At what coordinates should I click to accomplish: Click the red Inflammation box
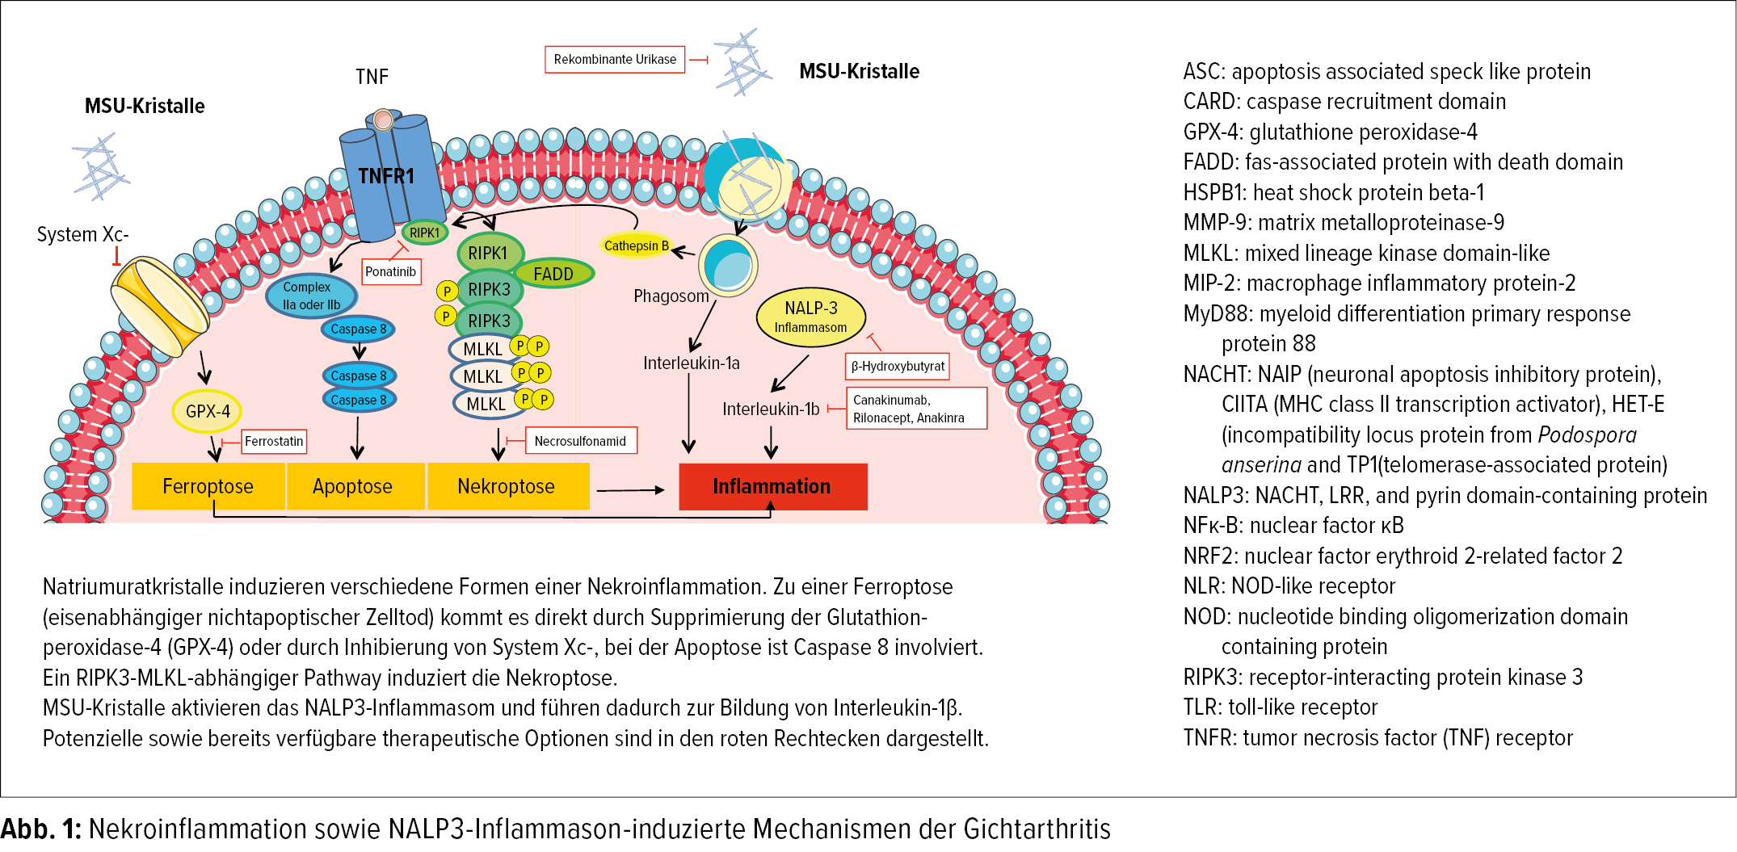772,486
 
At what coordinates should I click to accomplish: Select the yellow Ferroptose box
208,486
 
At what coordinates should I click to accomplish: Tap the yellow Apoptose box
353,486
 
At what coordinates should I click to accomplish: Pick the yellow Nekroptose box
507,486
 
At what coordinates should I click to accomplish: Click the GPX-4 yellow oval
208,411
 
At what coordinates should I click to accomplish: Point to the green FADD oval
553,274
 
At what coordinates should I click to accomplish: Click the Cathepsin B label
637,246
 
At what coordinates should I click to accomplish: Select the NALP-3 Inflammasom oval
810,317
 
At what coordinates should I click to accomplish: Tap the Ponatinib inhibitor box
391,271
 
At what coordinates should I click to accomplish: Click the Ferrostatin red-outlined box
274,441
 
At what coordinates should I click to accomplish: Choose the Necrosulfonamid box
580,441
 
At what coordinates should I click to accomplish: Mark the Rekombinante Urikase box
615,59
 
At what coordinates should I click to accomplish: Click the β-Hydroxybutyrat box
898,366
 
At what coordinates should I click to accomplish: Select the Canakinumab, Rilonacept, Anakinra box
915,409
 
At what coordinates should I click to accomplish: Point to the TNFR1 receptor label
386,176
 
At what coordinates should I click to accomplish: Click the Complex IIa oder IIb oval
311,296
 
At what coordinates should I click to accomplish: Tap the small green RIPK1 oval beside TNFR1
424,233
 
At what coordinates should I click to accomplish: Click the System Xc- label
82,234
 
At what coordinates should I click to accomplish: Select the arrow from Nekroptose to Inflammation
630,489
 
